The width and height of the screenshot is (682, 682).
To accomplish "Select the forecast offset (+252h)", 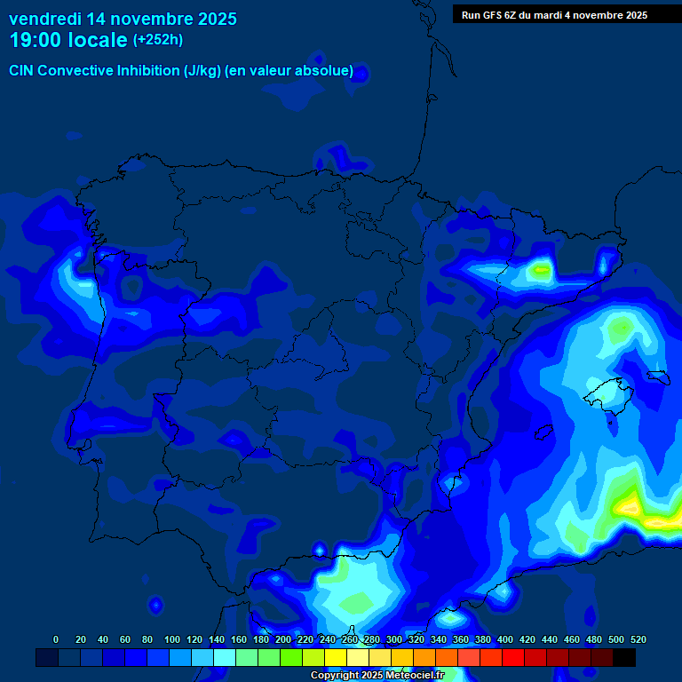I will pos(157,40).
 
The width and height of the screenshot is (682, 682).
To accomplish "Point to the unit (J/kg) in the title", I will pos(203,71).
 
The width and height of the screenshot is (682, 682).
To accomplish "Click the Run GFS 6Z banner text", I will pos(554,15).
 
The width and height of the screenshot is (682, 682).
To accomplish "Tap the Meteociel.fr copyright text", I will pos(377,676).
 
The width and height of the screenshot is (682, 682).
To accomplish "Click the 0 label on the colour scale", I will pos(56,639).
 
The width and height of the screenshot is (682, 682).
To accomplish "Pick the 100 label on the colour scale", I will pos(172,639).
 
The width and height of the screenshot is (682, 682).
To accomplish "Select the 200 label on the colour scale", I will pos(283,639).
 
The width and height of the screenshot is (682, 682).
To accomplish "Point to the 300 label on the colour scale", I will pos(394,639).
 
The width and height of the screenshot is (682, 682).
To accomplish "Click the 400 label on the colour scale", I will pos(505,639).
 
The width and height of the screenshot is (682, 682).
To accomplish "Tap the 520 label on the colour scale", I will pos(638,639).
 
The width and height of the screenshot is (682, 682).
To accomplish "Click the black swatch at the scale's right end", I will pos(624,658).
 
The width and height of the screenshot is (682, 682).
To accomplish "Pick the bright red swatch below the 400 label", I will pos(513,658).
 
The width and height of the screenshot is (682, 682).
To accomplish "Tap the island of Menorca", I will pos(657,377).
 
